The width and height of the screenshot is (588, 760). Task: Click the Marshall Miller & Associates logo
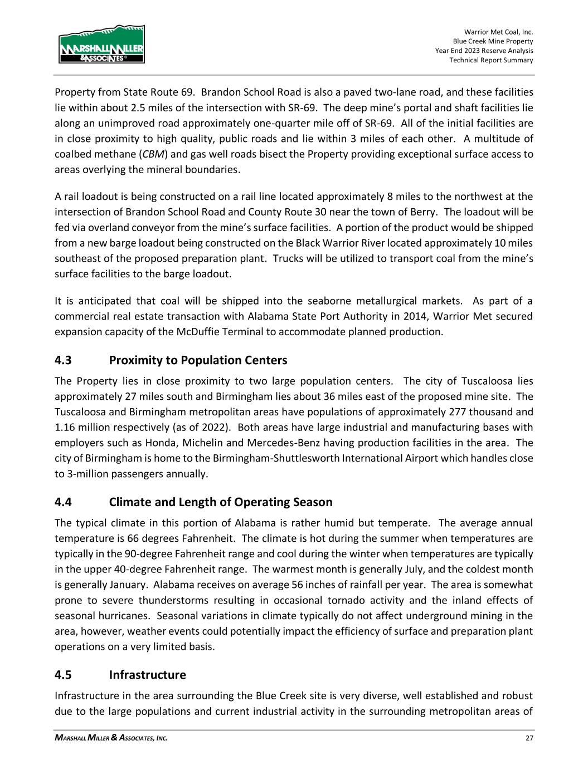[101, 44]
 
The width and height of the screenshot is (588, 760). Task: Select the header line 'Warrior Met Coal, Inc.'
[498, 32]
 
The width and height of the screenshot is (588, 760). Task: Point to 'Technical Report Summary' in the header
[491, 60]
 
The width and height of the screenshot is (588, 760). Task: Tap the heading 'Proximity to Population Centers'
[198, 360]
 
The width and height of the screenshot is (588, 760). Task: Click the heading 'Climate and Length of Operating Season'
[221, 502]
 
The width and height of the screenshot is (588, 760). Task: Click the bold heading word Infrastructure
[147, 675]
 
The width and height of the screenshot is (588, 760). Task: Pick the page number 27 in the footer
[529, 738]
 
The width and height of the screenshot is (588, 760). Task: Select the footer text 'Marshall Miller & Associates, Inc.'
[111, 738]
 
